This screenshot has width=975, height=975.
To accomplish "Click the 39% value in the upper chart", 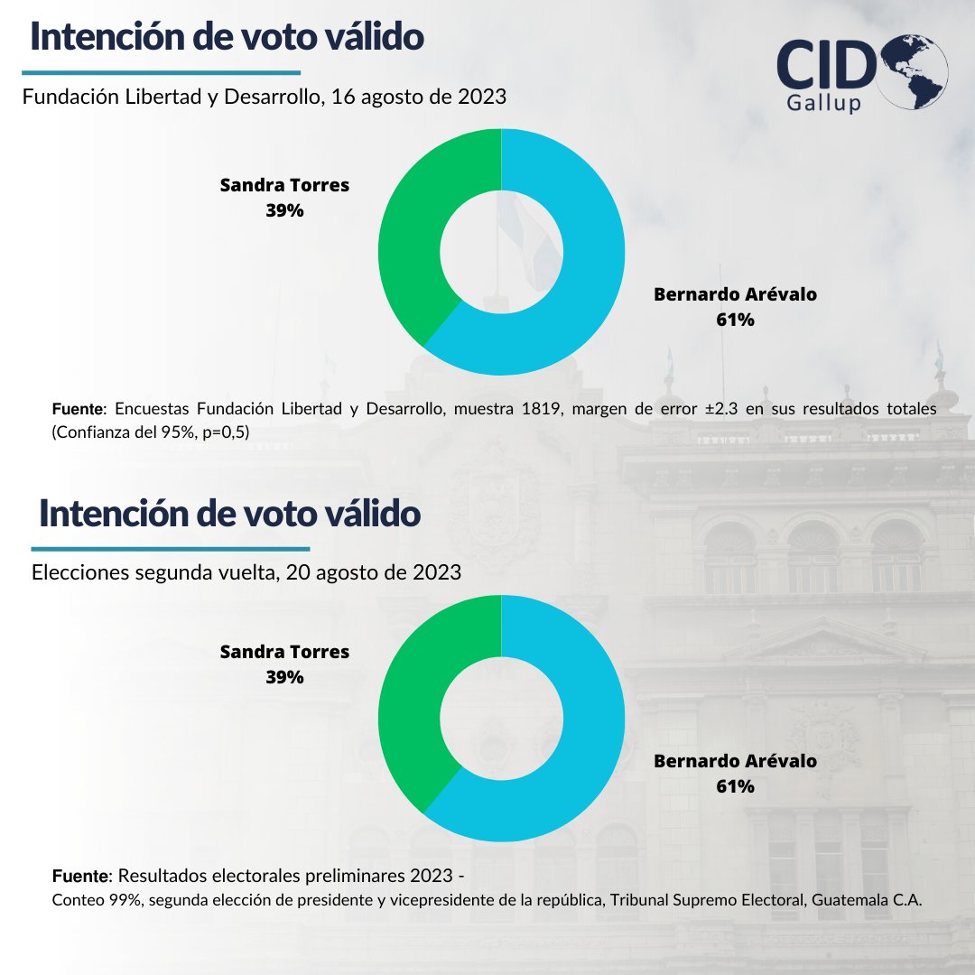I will [284, 209].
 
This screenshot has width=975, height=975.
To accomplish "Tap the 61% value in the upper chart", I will [735, 319].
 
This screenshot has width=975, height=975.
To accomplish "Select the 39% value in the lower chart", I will [284, 676].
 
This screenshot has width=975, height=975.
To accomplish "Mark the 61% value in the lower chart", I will [735, 785].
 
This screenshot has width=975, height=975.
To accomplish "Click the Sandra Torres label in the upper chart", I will [284, 185].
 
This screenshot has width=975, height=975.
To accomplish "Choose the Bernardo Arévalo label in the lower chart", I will [735, 761].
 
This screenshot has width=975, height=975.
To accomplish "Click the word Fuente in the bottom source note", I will [79, 876].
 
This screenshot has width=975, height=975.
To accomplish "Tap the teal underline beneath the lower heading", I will [171, 548].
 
